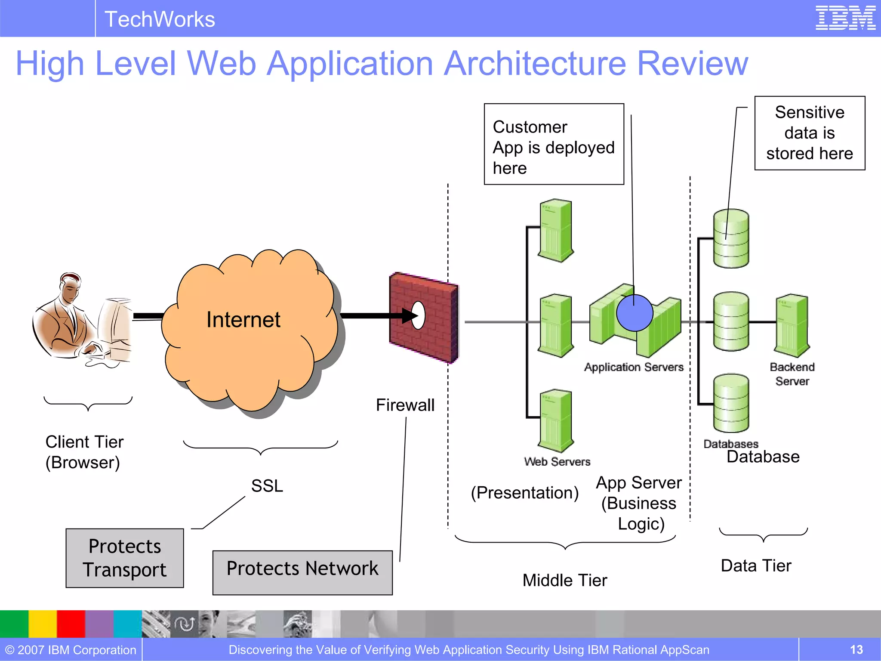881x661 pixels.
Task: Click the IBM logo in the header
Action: coord(845,18)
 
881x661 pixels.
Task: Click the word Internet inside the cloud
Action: coord(243,320)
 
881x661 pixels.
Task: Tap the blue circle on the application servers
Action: coord(635,313)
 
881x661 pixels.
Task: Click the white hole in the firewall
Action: coord(418,315)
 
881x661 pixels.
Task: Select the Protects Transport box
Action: coord(125,558)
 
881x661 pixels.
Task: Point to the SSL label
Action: coord(267,486)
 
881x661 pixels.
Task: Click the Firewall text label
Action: coord(405,405)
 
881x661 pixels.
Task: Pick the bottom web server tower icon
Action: coord(556,421)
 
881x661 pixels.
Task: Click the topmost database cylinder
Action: coord(731,238)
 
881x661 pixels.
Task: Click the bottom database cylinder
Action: coord(731,403)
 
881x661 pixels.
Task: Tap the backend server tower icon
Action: coord(792,325)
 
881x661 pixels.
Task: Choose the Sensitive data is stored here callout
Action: coord(810,133)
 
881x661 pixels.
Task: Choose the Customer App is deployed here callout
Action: coord(554,144)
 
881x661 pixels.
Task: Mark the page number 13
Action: coord(856,649)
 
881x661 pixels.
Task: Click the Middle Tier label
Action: coord(564,581)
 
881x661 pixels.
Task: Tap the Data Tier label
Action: coord(756,565)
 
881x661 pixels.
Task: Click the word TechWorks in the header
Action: coord(160,19)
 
